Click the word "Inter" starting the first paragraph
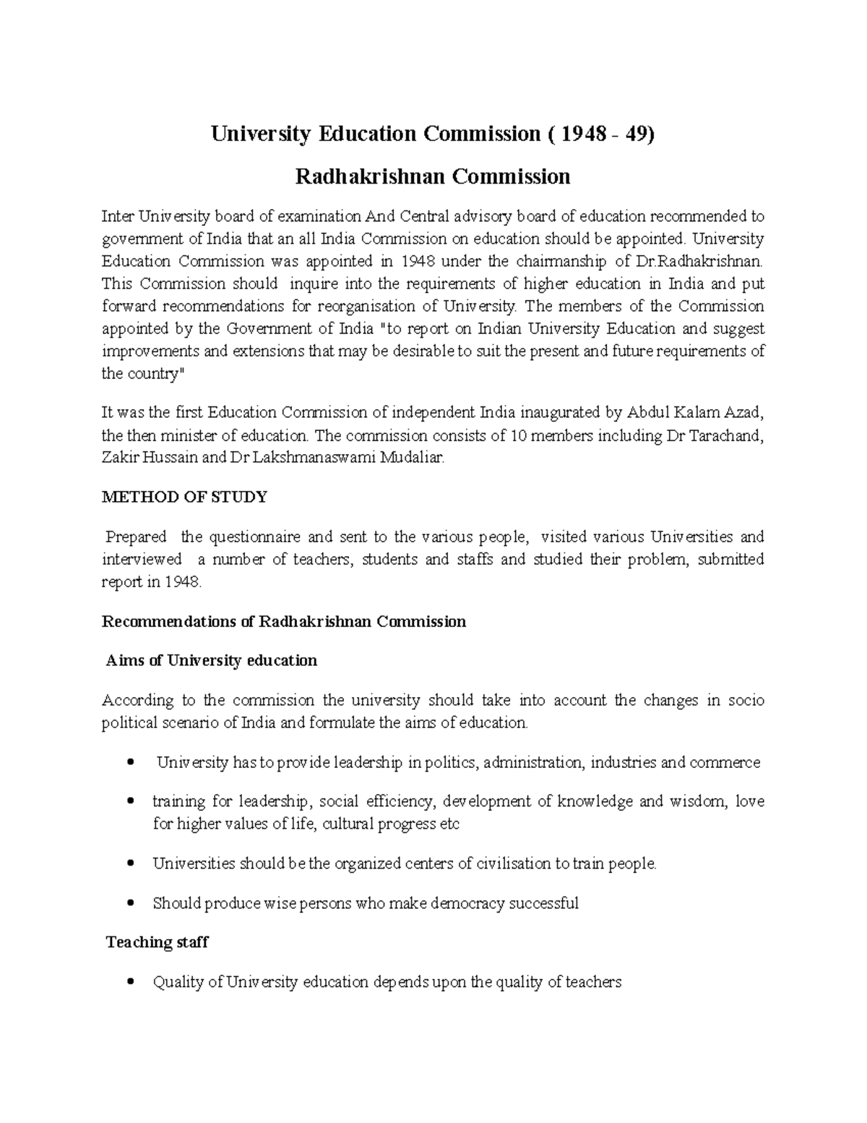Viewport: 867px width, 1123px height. (x=118, y=216)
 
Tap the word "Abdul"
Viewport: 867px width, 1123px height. (x=650, y=413)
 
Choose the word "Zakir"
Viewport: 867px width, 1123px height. (x=119, y=458)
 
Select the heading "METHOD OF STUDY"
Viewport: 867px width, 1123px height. (x=184, y=498)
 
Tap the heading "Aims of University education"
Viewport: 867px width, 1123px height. (x=211, y=661)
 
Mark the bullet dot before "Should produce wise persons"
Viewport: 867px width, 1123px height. (x=130, y=904)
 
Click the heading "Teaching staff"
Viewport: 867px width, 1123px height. (x=157, y=943)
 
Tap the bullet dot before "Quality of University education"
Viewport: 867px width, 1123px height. (x=130, y=983)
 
